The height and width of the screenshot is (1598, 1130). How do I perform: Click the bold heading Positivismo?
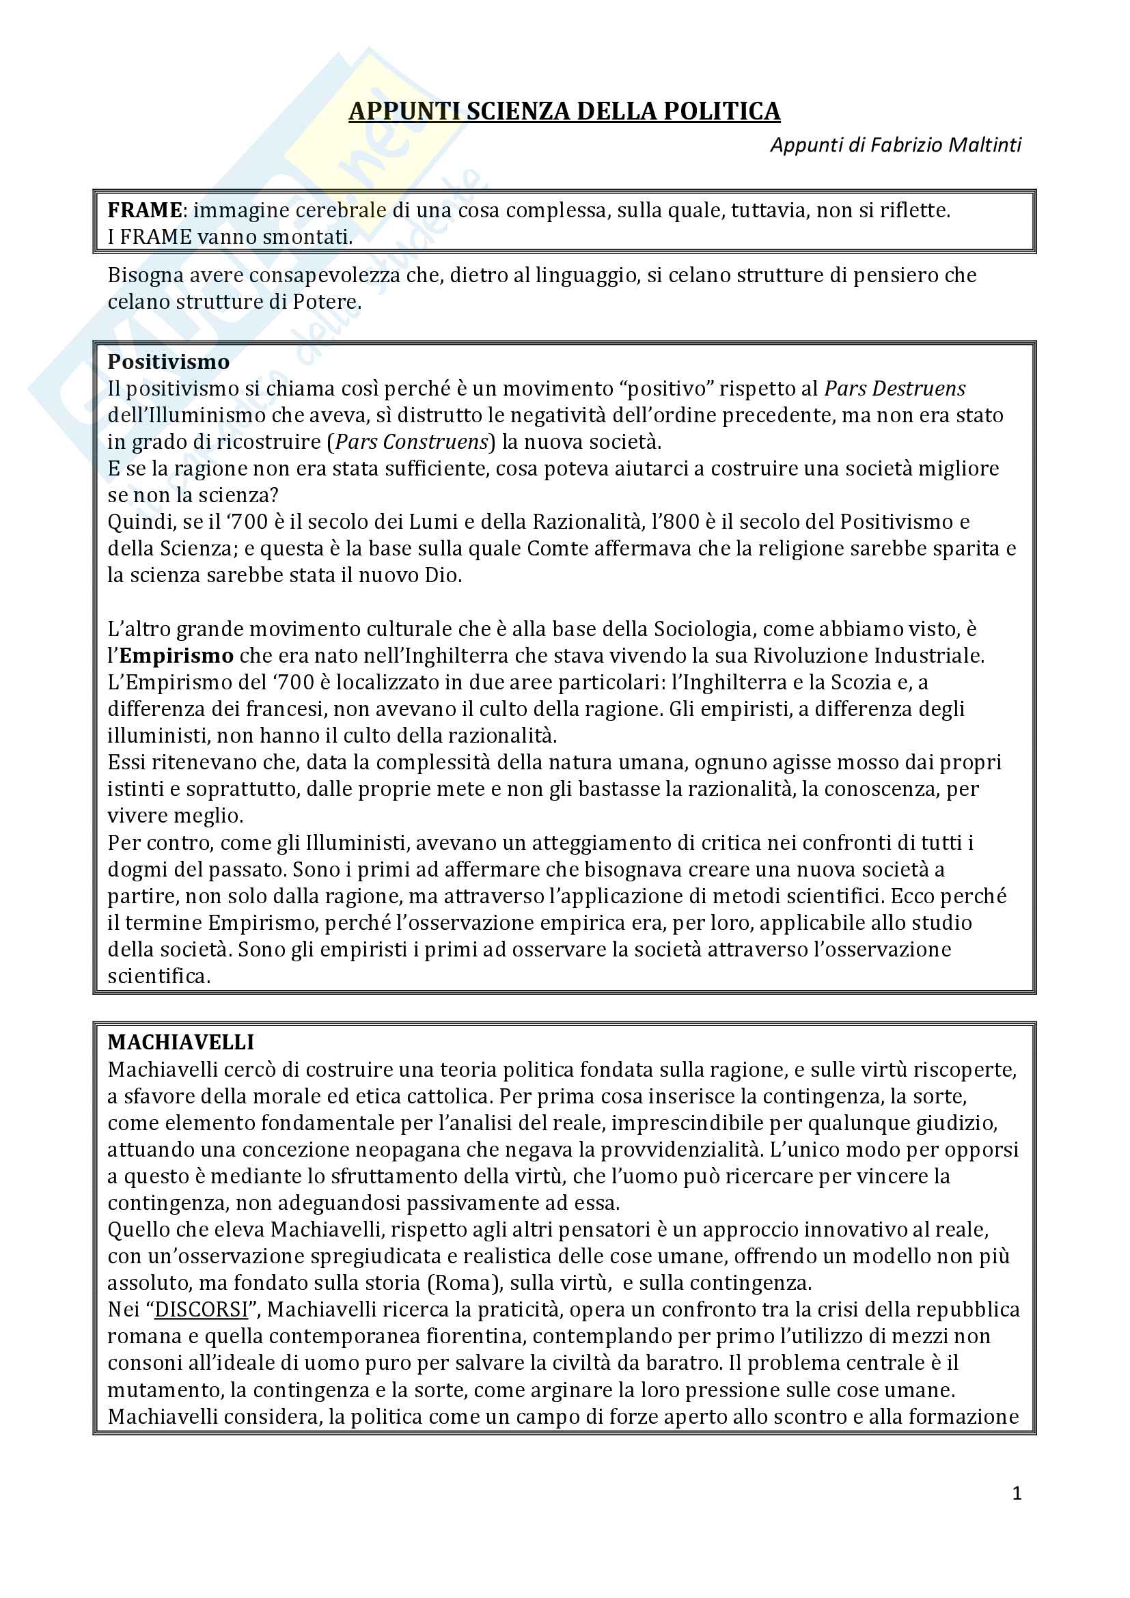168,362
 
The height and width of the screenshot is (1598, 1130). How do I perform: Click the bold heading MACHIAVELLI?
181,1042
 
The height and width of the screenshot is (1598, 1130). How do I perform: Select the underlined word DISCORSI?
201,1309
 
